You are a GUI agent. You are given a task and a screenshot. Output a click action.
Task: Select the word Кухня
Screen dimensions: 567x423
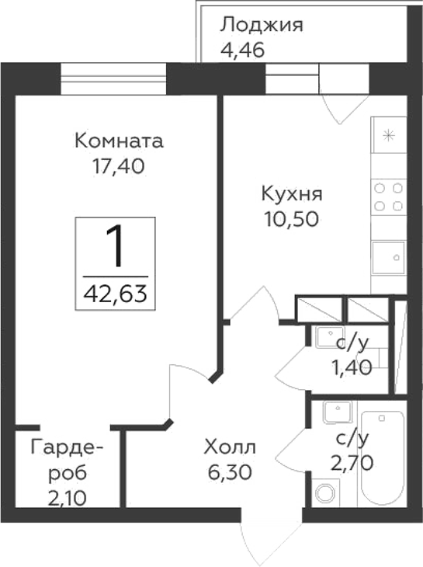point(292,193)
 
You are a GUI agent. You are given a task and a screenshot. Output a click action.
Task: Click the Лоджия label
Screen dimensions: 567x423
point(261,25)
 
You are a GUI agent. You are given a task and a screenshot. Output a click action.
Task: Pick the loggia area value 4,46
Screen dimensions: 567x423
point(243,50)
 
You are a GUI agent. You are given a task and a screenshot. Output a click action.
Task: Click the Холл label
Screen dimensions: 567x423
point(229,447)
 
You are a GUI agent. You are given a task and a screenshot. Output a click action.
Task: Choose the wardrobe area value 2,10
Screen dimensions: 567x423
point(68,494)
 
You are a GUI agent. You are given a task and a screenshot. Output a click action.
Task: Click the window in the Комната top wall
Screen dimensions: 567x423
point(114,79)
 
